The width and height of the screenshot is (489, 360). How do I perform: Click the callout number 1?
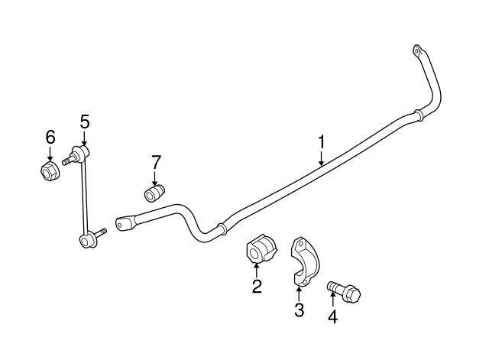321,142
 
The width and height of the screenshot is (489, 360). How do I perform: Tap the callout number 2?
257,286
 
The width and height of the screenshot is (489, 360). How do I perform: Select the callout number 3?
299,310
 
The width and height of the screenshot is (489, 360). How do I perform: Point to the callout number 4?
333,317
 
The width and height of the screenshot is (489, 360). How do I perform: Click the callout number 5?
85,122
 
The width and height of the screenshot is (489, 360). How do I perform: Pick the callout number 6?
50,137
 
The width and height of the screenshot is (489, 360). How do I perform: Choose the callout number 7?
156,162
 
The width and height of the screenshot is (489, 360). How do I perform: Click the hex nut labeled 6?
49,170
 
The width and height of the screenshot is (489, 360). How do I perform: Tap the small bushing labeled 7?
154,193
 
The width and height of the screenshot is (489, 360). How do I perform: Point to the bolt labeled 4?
343,290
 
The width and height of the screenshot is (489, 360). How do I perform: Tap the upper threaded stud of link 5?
68,160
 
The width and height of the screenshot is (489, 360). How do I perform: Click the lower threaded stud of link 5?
100,232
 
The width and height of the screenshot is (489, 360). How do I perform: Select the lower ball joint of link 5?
86,241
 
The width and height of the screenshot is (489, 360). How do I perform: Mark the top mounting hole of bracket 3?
300,244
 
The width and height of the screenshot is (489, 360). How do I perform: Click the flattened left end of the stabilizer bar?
125,223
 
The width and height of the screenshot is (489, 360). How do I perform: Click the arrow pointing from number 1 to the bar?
321,158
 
